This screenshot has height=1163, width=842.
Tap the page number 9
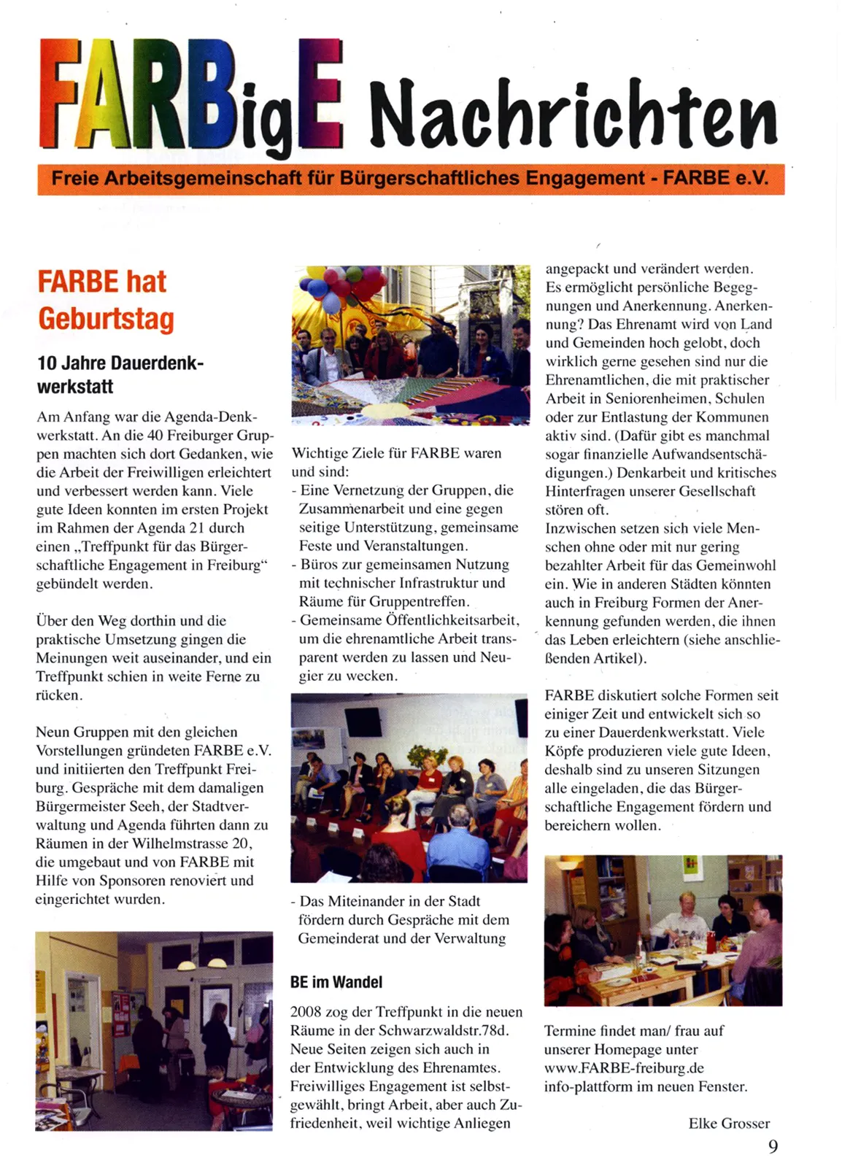pos(773,1145)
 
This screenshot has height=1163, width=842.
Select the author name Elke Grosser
pos(728,1124)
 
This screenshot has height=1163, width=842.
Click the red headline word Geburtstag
pos(106,320)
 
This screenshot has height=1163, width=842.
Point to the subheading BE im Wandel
pos(336,982)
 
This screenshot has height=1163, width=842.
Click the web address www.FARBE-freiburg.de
pos(624,1068)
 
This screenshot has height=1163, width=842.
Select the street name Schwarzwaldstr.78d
pos(444,1031)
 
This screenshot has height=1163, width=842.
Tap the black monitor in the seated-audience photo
pos(363,721)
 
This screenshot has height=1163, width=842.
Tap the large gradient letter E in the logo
pos(318,91)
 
